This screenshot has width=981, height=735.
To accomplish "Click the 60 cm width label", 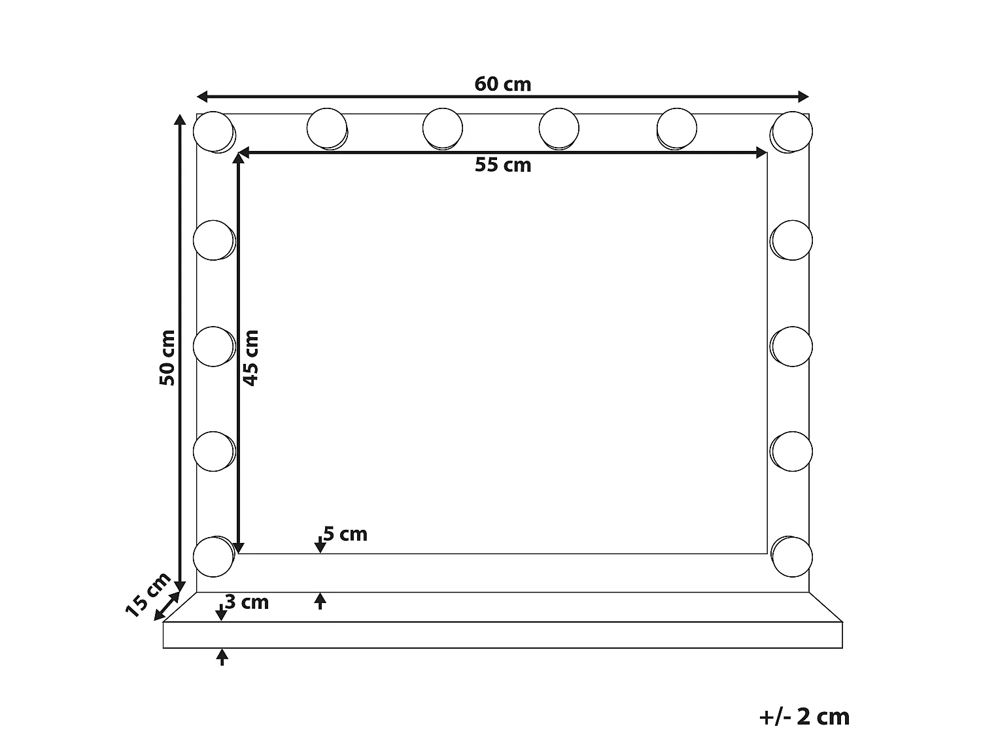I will tap(502, 84).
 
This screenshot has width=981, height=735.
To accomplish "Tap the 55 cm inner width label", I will tap(502, 165).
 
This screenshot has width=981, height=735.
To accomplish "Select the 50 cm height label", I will tap(167, 357).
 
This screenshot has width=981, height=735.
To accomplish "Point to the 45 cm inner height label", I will tap(251, 357).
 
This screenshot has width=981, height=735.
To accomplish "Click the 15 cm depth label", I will tap(147, 595).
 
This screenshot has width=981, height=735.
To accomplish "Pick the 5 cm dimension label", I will tap(345, 534).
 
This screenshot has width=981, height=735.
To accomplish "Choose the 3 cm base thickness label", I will tap(247, 602).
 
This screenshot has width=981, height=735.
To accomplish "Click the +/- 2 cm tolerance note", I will tap(804, 717).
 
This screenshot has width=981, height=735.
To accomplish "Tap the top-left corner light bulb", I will tap(213, 131).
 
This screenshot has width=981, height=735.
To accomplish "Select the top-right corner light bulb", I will tap(792, 131).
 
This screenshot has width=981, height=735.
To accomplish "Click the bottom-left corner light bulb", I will tap(213, 557).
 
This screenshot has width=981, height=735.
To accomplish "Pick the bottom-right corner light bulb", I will tap(792, 557).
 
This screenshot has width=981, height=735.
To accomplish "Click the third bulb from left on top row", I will tap(443, 128).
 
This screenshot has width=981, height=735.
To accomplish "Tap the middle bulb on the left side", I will tap(213, 346).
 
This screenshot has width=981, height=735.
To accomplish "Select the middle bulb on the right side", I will tap(792, 346).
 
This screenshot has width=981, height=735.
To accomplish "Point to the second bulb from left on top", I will tap(326, 128).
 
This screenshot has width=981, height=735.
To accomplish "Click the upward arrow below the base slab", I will tap(222, 655).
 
